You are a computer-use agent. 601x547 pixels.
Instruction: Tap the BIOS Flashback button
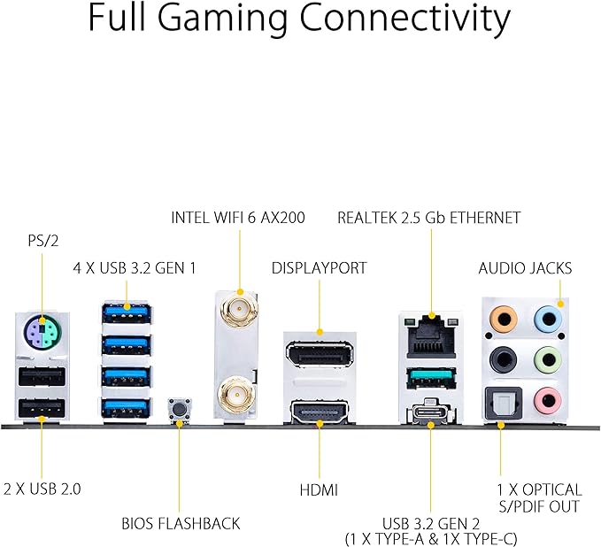pos(181,410)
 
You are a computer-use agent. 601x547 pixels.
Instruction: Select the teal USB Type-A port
pos(431,380)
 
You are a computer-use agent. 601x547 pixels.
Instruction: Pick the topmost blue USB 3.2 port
pos(127,312)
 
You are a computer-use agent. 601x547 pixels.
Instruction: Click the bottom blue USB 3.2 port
pos(127,407)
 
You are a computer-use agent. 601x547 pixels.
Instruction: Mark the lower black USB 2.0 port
pos(39,408)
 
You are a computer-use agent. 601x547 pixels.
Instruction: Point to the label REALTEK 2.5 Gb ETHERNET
pos(428,217)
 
